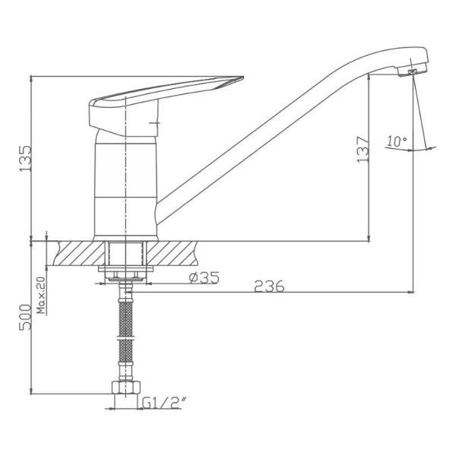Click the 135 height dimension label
(x=26, y=159)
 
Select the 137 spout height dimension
(x=363, y=150)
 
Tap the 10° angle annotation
(x=397, y=141)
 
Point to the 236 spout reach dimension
(x=269, y=287)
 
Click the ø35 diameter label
(x=204, y=277)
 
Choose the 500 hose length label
(x=25, y=317)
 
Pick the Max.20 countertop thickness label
(x=42, y=295)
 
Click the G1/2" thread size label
(x=163, y=403)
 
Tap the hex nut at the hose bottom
(x=126, y=387)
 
